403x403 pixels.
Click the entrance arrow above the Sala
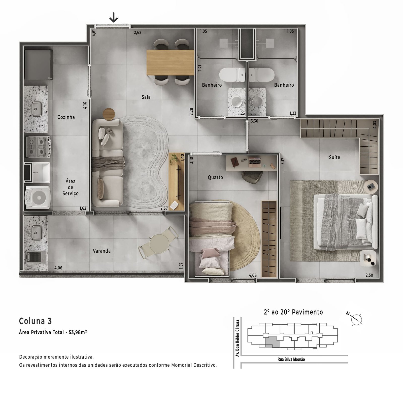(114, 18)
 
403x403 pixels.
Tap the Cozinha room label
(66, 117)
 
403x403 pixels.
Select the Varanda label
(102, 251)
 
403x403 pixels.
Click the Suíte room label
(334, 157)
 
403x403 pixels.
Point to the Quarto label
(215, 177)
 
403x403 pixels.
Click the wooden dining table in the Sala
(170, 63)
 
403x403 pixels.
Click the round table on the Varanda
(159, 244)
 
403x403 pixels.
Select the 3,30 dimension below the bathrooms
(254, 121)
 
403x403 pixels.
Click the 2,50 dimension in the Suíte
(369, 275)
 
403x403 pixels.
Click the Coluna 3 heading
(36, 321)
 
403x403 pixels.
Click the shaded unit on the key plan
(273, 342)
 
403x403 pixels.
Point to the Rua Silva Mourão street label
(291, 359)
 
